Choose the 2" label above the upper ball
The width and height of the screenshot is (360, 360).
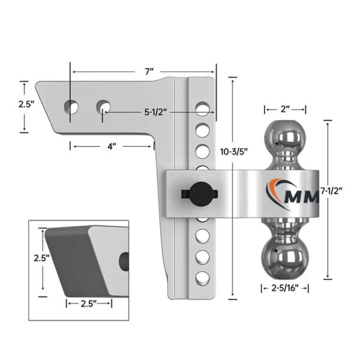click(x=285, y=110)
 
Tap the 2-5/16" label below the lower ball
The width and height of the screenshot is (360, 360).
click(x=285, y=288)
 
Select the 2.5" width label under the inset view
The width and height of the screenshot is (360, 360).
click(x=88, y=303)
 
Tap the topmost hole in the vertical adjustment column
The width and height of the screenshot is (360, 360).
click(x=203, y=109)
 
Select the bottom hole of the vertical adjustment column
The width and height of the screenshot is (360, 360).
click(x=203, y=277)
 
